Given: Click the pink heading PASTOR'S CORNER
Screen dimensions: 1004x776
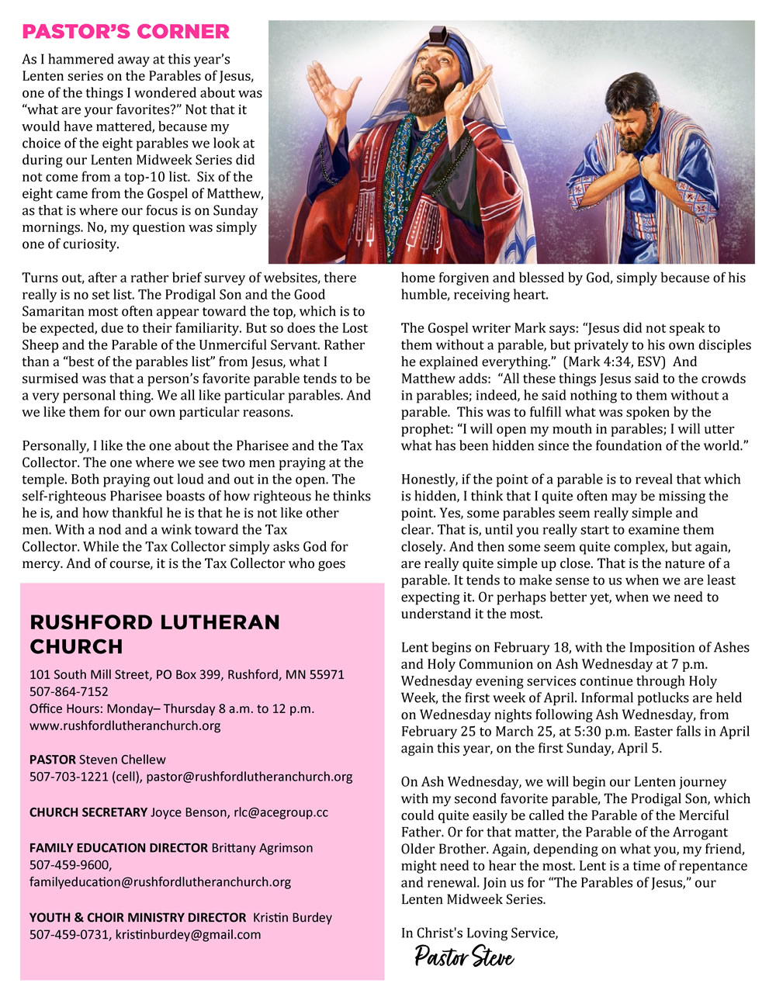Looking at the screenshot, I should pos(126,32).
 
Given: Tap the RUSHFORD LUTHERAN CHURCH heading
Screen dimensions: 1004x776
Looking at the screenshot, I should pos(154,634).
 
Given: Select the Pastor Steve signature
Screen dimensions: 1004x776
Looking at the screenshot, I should pos(464,957).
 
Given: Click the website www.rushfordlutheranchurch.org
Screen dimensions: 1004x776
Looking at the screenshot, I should pos(125,726).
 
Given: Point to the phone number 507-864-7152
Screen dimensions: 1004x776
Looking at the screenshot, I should pos(69,691).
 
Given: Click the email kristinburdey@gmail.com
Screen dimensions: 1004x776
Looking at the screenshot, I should pos(189,935).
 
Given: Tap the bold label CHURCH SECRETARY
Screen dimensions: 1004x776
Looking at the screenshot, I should pos(88,812).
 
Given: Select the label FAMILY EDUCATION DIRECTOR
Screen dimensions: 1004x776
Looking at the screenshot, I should pos(119,848).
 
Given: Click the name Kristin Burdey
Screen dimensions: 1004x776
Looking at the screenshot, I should pos(293,918).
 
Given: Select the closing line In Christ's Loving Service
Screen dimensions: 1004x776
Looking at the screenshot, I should pos(480,933).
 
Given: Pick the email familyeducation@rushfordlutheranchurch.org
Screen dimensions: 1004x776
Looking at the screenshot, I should pos(161,882).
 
